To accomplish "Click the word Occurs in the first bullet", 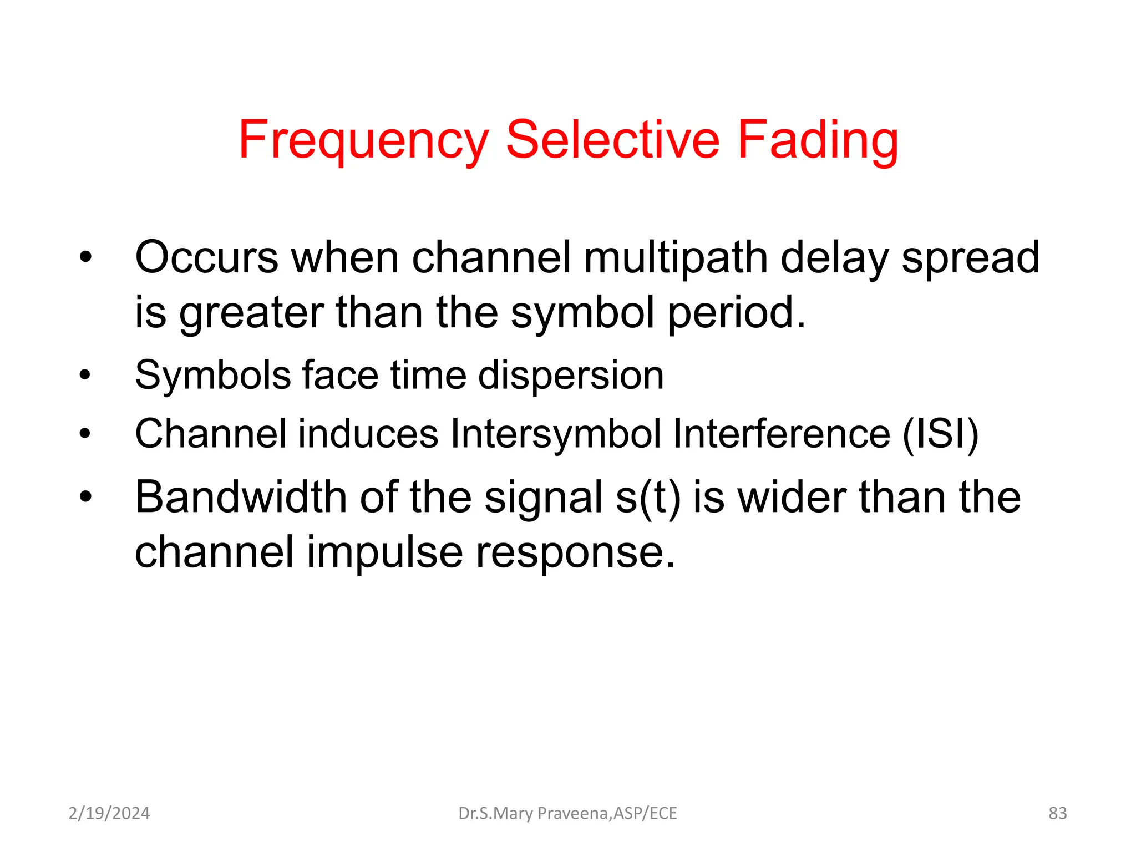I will (x=206, y=257).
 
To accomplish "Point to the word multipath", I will (x=676, y=258).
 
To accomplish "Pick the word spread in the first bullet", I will (x=970, y=258).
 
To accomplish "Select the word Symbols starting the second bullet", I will (x=213, y=376).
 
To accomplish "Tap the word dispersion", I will (x=571, y=376).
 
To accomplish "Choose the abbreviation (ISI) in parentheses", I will (x=940, y=434).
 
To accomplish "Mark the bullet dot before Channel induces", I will (x=84, y=433).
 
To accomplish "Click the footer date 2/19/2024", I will (x=109, y=813).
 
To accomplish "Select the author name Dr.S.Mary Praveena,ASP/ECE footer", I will (x=567, y=813).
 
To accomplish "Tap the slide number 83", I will (x=1057, y=813).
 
